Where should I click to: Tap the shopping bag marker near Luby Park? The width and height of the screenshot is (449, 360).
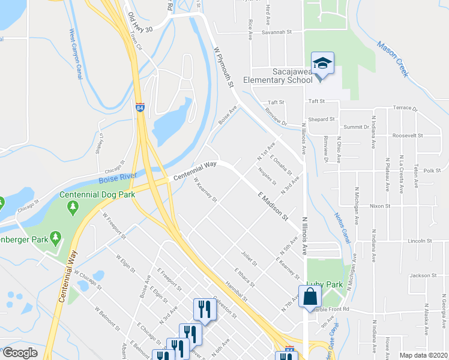(310, 296)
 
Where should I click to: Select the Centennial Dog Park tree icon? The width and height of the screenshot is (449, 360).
(73, 206)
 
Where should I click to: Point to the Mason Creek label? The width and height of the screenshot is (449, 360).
(394, 59)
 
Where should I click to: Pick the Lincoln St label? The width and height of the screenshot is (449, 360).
(420, 241)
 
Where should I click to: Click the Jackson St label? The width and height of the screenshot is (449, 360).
(424, 275)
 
